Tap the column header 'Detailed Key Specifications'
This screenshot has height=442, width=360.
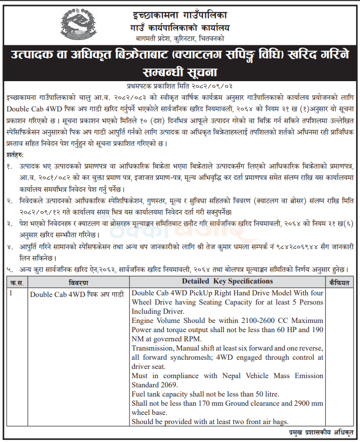click(x=227, y=282)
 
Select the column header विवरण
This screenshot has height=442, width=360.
click(x=79, y=282)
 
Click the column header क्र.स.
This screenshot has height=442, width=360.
click(x=16, y=282)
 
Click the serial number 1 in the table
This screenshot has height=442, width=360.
click(x=11, y=293)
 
